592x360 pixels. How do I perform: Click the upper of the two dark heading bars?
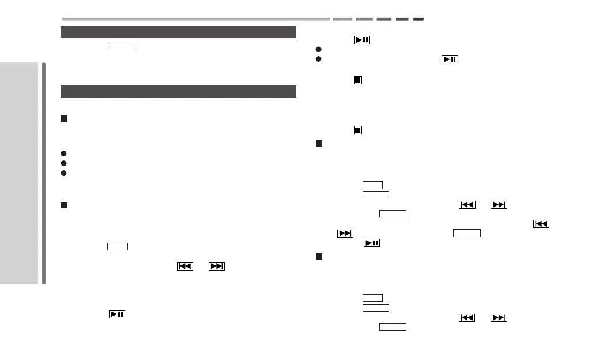coord(178,32)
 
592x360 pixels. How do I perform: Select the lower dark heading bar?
coord(178,91)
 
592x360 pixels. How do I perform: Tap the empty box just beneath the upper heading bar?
coord(120,47)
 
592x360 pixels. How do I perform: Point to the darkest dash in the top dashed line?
coord(418,19)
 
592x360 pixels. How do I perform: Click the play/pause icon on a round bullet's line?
coord(450,59)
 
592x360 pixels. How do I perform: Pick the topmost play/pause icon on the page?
coord(361,40)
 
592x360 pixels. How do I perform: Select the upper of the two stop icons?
coord(357,80)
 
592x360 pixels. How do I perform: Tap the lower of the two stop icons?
coord(357,130)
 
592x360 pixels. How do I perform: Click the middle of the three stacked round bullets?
coord(64,163)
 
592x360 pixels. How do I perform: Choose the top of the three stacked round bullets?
coord(64,153)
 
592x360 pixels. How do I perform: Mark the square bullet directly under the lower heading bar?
coord(64,119)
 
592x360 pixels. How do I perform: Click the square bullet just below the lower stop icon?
coord(319,143)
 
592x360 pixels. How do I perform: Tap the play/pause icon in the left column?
coord(117,314)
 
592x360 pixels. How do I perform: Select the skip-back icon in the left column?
coord(184,267)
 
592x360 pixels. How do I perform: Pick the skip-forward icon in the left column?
coord(217,267)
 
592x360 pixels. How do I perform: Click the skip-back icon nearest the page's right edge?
coord(541,224)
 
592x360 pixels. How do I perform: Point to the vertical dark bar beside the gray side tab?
coord(44,173)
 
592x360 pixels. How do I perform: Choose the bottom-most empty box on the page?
coord(393,327)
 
